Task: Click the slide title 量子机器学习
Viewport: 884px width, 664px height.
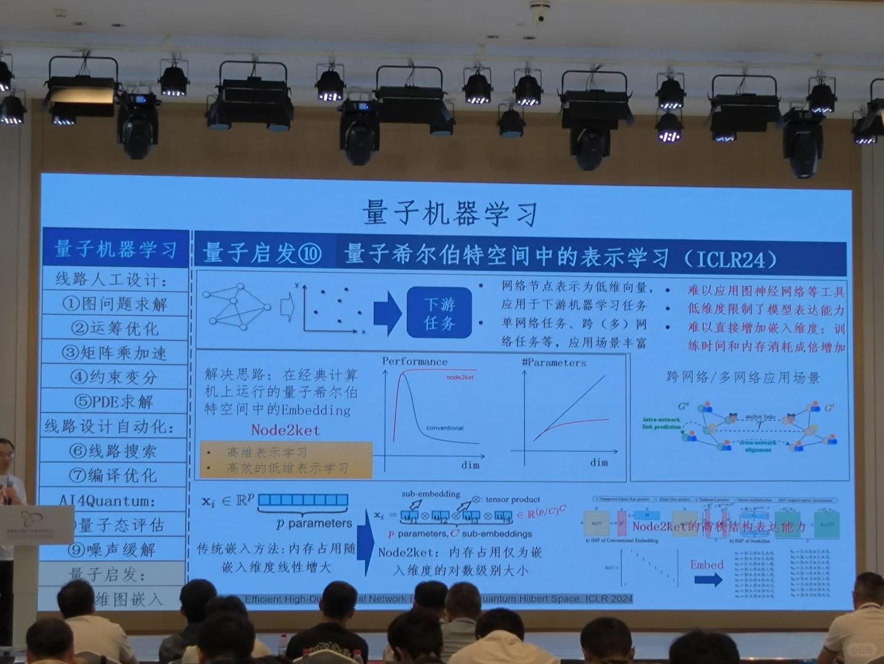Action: click(x=450, y=213)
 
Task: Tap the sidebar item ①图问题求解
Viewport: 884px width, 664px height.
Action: click(x=115, y=304)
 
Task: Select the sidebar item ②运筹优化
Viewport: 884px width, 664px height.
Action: click(x=115, y=328)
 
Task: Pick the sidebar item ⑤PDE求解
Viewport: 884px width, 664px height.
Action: click(x=114, y=401)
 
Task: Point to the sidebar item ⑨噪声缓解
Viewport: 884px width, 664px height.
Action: click(x=112, y=549)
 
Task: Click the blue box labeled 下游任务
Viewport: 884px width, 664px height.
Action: click(x=439, y=314)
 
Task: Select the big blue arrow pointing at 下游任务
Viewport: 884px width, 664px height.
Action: click(x=387, y=312)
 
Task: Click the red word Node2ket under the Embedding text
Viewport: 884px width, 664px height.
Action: click(x=285, y=430)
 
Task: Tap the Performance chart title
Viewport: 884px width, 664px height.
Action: click(x=415, y=362)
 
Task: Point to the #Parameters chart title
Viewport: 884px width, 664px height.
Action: click(x=554, y=363)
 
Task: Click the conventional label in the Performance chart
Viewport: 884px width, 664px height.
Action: click(x=444, y=428)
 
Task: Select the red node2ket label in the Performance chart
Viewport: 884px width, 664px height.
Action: click(x=460, y=377)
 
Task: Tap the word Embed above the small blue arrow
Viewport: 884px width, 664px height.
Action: click(x=706, y=564)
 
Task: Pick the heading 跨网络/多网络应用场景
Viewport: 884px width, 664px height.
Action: click(x=743, y=377)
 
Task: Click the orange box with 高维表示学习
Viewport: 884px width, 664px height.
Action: click(x=286, y=460)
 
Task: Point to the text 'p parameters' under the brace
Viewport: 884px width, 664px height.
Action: click(x=314, y=523)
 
